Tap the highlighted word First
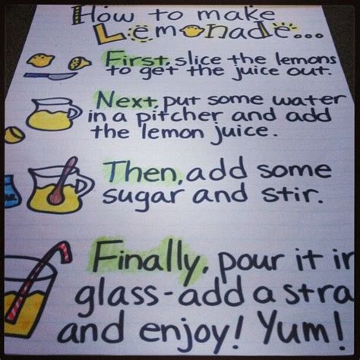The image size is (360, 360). (x=130, y=58)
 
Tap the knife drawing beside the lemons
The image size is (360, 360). (x=57, y=77)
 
